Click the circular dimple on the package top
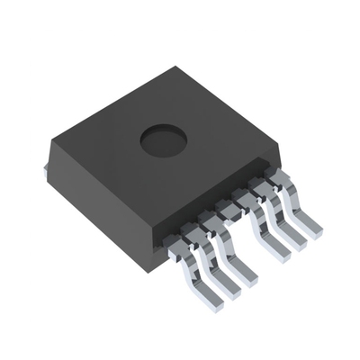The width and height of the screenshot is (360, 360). [164, 139]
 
